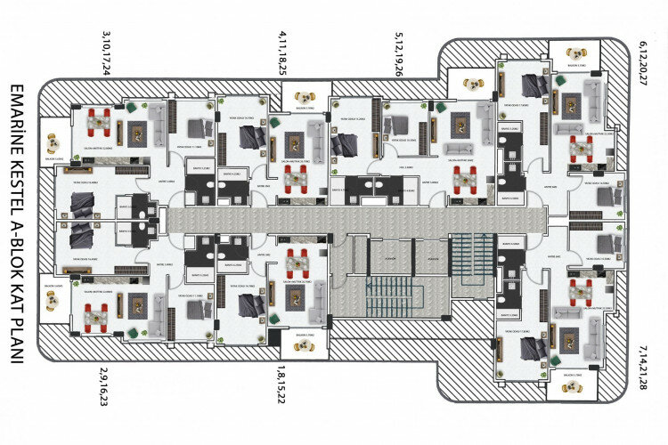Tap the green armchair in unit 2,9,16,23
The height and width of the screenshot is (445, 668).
coord(132,332)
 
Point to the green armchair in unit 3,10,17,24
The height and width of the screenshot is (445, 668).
coord(132,107)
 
